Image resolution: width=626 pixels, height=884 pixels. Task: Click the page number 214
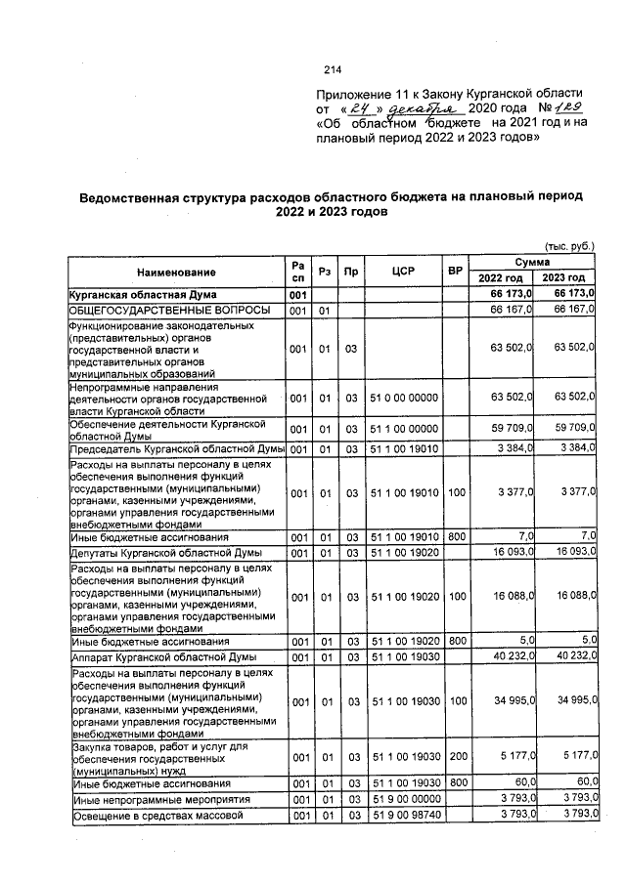point(332,69)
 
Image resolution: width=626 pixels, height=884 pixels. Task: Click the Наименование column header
point(176,272)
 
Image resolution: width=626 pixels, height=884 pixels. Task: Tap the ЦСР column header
point(404,272)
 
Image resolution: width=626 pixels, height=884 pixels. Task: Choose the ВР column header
point(454,272)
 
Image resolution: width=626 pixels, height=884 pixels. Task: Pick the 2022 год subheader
point(502,280)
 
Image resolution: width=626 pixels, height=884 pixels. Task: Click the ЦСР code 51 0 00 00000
point(404,398)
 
